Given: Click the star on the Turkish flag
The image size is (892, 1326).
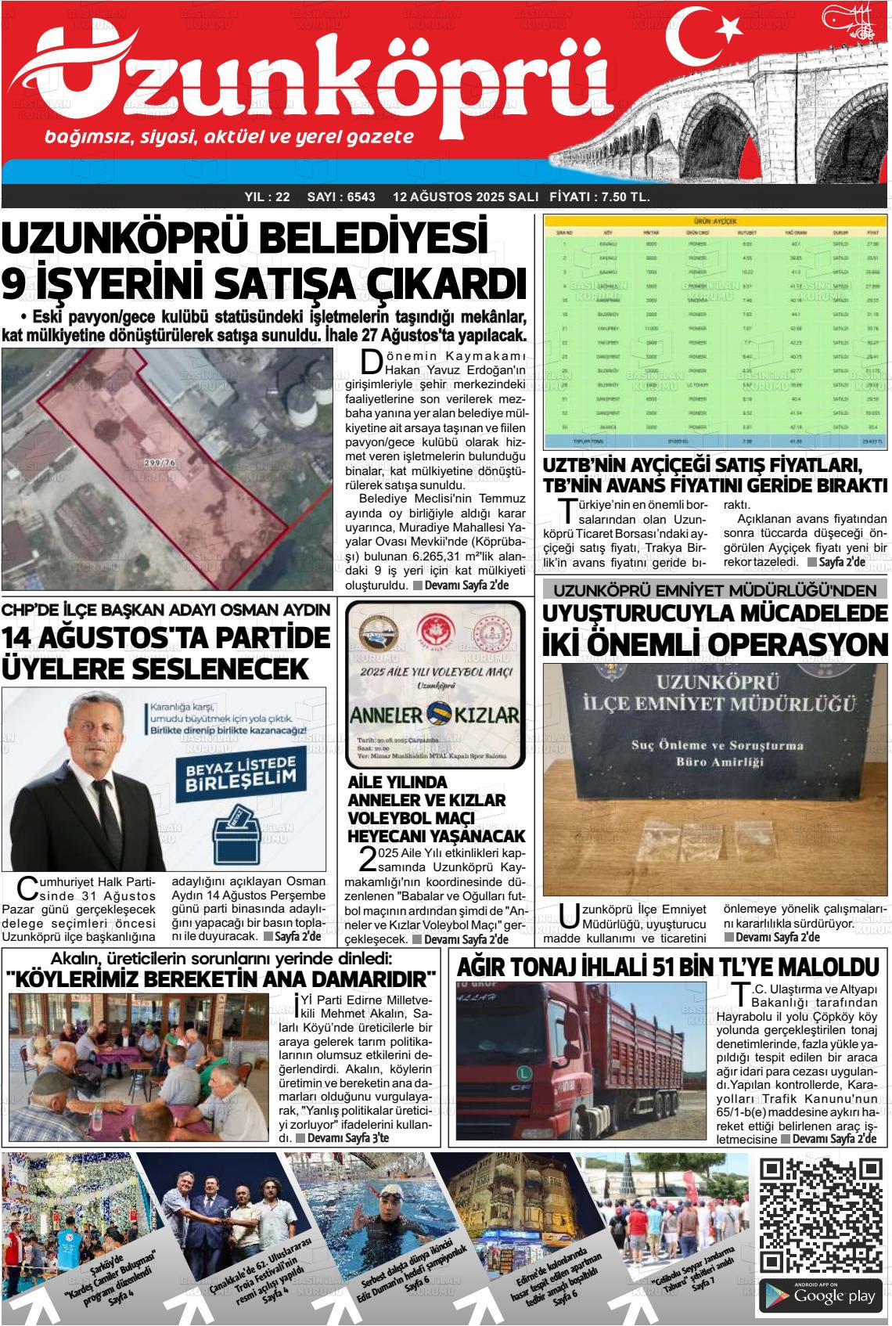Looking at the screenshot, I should pyautogui.click(x=729, y=30).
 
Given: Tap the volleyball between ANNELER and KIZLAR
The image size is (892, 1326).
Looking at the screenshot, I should pyautogui.click(x=436, y=714).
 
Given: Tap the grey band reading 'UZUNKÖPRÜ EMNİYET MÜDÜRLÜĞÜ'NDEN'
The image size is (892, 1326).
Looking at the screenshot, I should pyautogui.click(x=715, y=589).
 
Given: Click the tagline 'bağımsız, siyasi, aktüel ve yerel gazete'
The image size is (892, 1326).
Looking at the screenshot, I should pyautogui.click(x=229, y=138).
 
